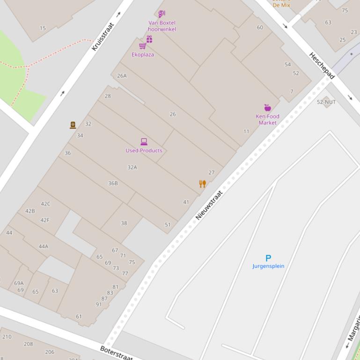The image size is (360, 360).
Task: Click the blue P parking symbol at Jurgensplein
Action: pyautogui.click(x=268, y=258)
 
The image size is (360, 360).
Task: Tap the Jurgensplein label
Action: pyautogui.click(x=268, y=266)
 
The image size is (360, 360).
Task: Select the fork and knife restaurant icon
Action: pyautogui.click(x=202, y=184)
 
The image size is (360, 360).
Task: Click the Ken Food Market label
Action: pyautogui.click(x=267, y=120)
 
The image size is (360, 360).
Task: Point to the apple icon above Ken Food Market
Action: pyautogui.click(x=267, y=108)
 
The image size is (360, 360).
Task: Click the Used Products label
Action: pyautogui.click(x=144, y=151)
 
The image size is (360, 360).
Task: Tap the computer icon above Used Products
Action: pyautogui.click(x=144, y=142)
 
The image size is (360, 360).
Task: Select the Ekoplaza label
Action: pyautogui.click(x=143, y=55)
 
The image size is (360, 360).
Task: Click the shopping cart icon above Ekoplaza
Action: pyautogui.click(x=142, y=46)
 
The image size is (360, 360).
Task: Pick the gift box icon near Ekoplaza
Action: pyautogui.click(x=149, y=39)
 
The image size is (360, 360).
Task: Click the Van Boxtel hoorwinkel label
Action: pyautogui.click(x=162, y=26)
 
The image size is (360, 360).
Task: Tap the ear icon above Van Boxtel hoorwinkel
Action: pyautogui.click(x=162, y=14)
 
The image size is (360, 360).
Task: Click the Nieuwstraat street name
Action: pyautogui.click(x=209, y=205)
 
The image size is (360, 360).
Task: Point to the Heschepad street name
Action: pyautogui.click(x=321, y=65)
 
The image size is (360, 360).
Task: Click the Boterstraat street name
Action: pyautogui.click(x=117, y=353)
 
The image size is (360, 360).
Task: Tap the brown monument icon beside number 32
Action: pyautogui.click(x=73, y=125)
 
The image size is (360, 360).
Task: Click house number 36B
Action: pyautogui.click(x=113, y=183)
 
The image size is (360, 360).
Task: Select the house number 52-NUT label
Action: pyautogui.click(x=326, y=102)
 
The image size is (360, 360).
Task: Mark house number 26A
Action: pyautogui.click(x=122, y=76)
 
